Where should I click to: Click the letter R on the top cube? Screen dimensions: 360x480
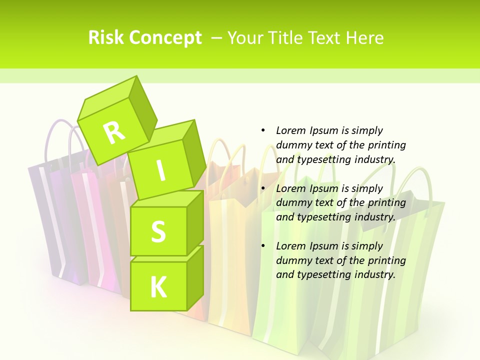coord(114,132)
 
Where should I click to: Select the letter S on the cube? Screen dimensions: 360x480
coord(158,232)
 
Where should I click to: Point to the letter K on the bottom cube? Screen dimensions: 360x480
coord(158,287)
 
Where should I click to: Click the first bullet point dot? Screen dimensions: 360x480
coord(263,130)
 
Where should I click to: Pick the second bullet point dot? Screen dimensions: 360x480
coord(263,188)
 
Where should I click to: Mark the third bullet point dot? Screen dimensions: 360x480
coord(263,246)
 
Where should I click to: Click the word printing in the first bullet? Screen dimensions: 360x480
coord(387,145)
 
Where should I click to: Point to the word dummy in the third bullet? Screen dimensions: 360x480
coord(292,260)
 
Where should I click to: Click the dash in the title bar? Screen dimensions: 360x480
coord(217,37)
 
